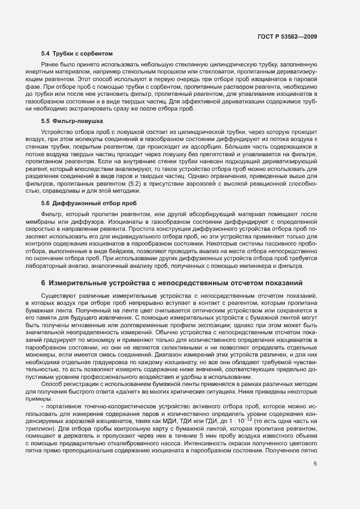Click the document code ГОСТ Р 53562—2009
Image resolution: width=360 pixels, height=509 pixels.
click(287, 36)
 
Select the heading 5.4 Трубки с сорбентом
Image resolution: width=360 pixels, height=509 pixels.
click(77, 54)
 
